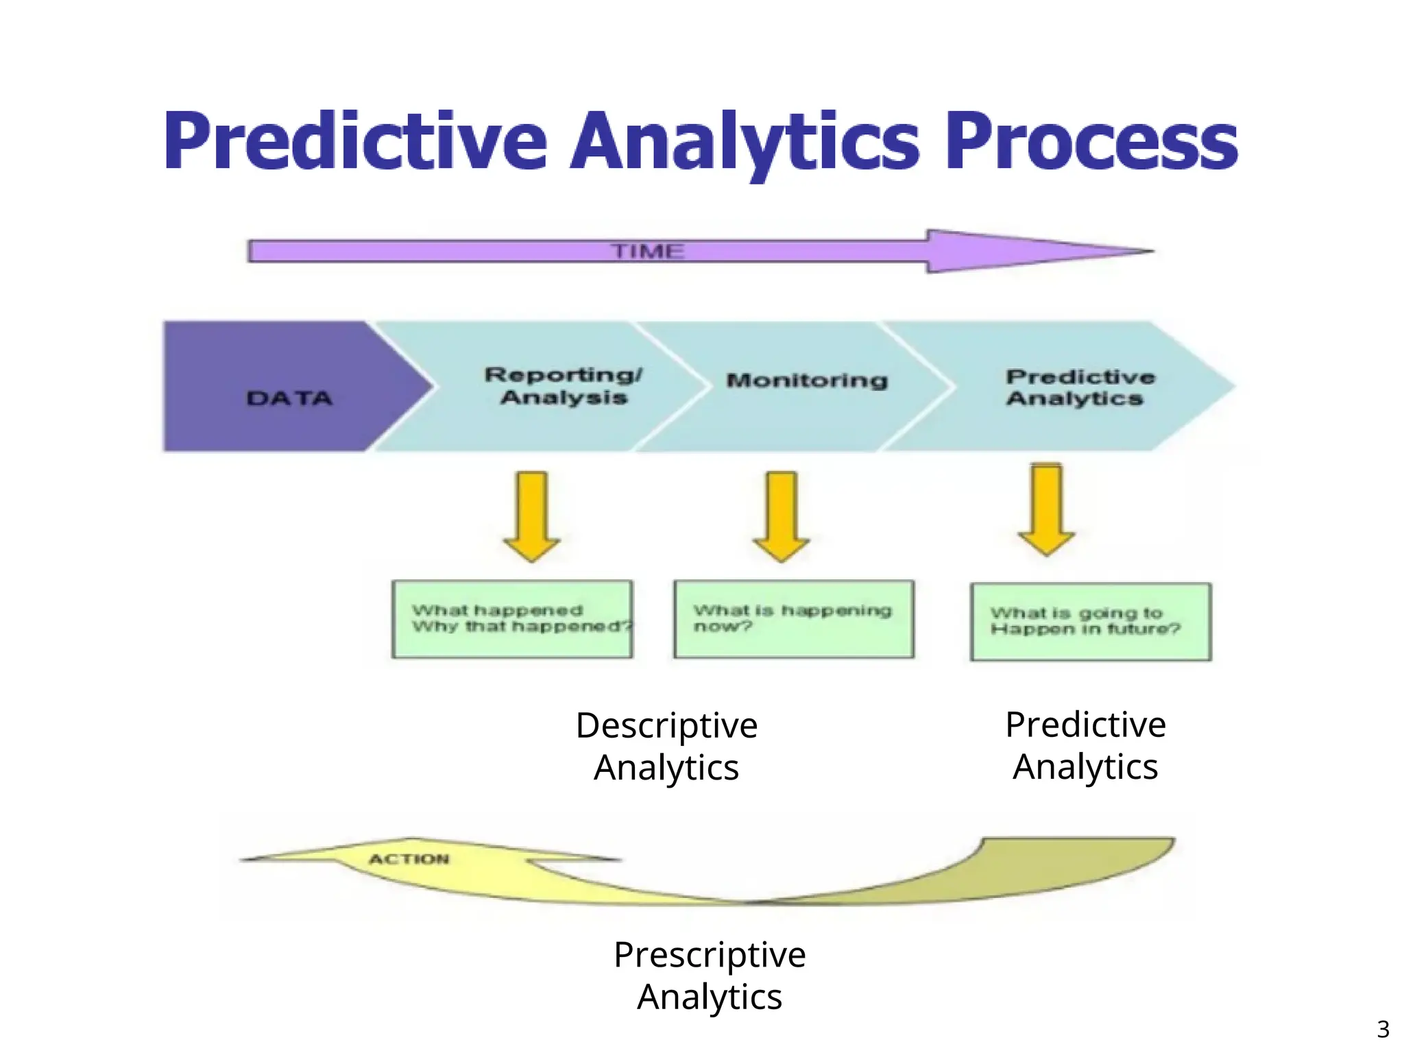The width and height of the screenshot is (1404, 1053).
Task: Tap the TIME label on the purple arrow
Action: tap(648, 251)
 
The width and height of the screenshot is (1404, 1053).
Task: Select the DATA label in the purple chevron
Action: tap(289, 398)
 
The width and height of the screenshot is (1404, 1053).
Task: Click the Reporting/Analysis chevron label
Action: tap(564, 386)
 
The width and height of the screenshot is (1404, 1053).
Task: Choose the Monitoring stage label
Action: tap(807, 380)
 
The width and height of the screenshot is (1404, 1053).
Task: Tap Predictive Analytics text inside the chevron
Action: tap(1080, 387)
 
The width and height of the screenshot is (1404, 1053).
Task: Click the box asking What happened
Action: tap(512, 619)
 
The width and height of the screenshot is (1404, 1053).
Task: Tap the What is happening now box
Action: tap(793, 619)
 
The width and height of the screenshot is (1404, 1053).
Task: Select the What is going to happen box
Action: tap(1090, 622)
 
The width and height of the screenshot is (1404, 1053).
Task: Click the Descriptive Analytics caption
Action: tap(666, 746)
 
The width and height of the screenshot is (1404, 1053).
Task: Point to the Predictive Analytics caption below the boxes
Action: tap(1085, 745)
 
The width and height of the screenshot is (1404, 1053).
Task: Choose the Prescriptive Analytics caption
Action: tap(710, 975)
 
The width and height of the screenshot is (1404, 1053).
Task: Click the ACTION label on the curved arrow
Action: tap(409, 859)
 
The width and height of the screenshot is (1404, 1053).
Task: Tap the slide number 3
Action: tap(1383, 1029)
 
